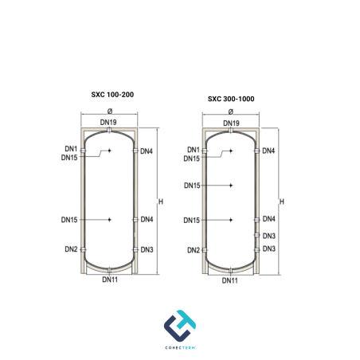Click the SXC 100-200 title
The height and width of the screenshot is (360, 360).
(x=112, y=95)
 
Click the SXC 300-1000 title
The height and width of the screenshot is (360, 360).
(x=231, y=99)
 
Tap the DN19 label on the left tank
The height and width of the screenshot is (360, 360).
(x=108, y=122)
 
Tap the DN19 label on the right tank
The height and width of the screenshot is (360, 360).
(x=231, y=123)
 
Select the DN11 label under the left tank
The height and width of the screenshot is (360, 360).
(x=110, y=280)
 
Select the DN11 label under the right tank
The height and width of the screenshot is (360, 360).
(x=230, y=280)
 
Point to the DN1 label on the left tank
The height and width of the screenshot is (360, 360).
(x=71, y=149)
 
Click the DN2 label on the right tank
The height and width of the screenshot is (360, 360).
(x=194, y=250)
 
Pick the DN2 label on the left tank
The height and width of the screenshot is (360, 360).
(x=71, y=249)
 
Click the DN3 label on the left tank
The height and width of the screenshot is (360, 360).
(x=147, y=249)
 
